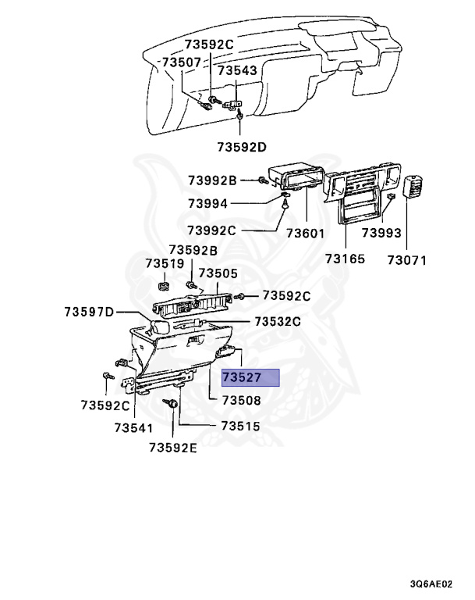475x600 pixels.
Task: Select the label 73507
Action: (x=183, y=62)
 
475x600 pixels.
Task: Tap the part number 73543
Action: (x=237, y=71)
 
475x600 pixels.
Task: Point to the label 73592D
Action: (x=242, y=146)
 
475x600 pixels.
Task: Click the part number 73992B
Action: (x=211, y=181)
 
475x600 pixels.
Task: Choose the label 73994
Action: (x=207, y=204)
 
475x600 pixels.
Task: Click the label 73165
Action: (x=345, y=259)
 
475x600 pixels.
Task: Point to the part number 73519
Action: (x=165, y=264)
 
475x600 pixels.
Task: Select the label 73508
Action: (x=241, y=400)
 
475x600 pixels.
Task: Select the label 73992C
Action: (x=211, y=230)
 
